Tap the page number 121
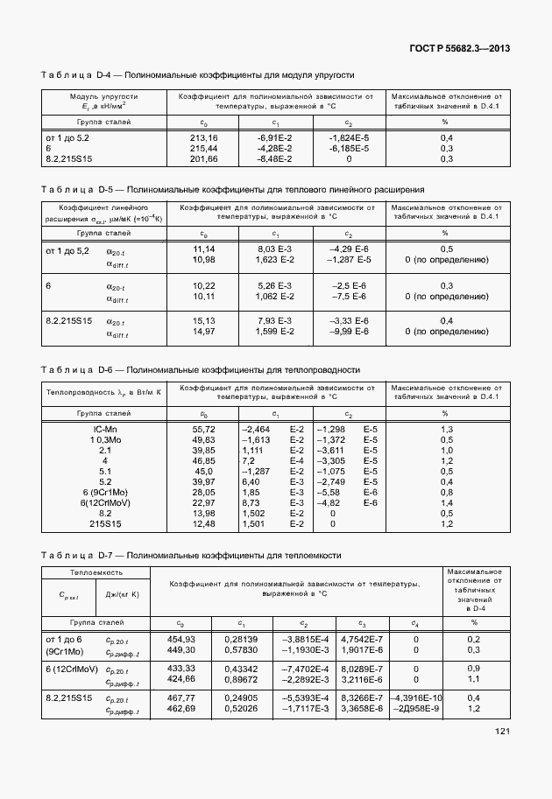[x=502, y=732]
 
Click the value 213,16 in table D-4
[x=203, y=138]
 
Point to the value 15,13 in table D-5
[x=203, y=320]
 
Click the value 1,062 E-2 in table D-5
[x=275, y=296]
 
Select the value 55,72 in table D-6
[x=203, y=429]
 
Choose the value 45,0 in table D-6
[x=203, y=471]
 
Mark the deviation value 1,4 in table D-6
[x=446, y=502]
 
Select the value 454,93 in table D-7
[x=180, y=640]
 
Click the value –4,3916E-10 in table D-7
[x=415, y=697]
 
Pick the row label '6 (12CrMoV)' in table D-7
[x=73, y=668]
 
